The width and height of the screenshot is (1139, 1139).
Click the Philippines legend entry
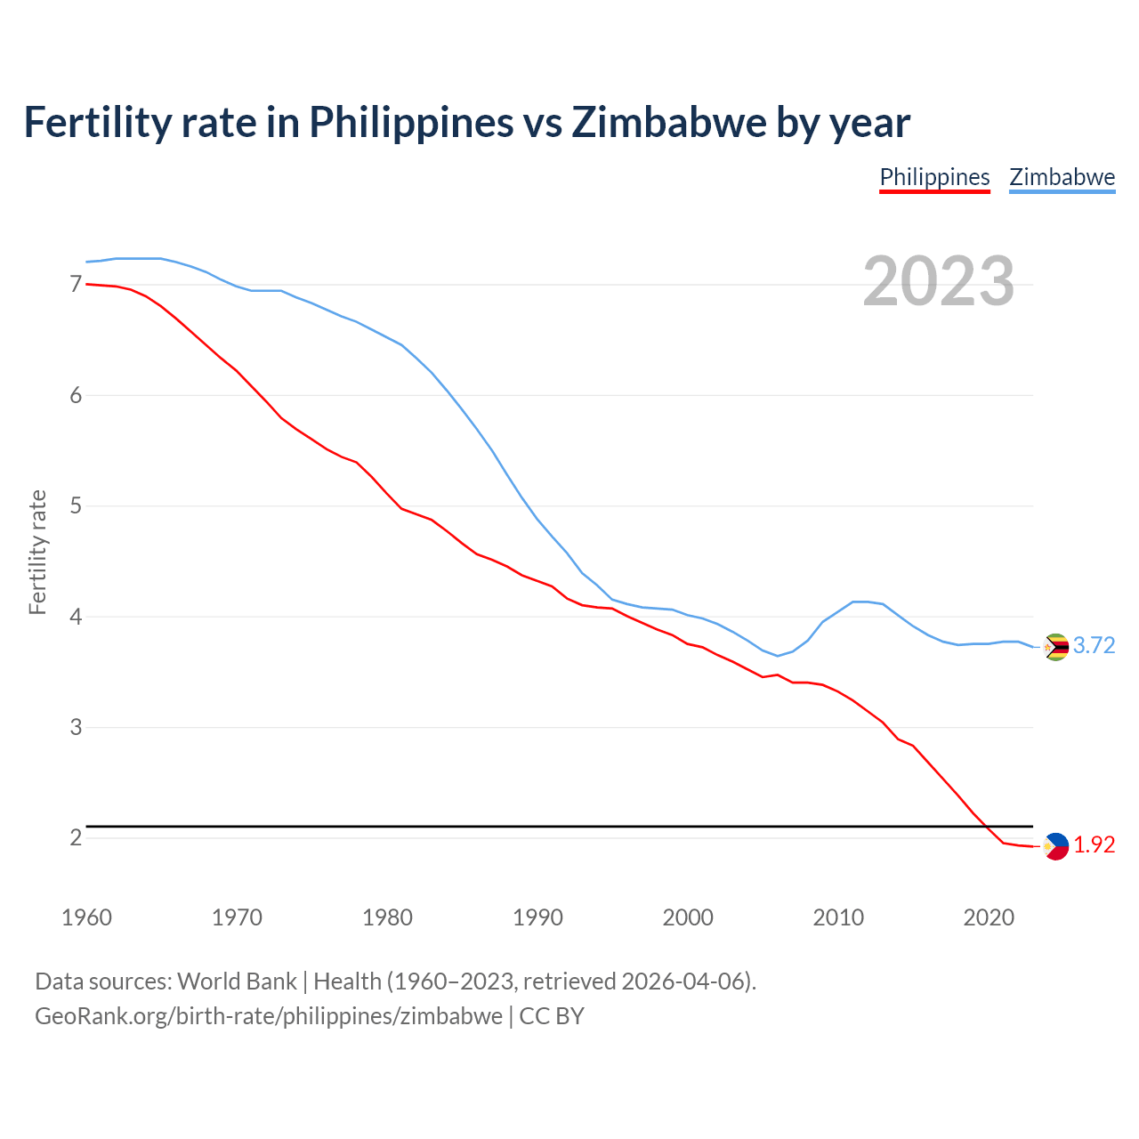coord(934,177)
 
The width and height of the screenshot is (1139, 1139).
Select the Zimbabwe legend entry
coord(1062,177)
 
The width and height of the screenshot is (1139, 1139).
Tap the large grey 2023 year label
coord(939,281)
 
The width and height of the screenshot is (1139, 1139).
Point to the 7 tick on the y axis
coord(76,285)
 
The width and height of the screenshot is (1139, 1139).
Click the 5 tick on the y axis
coord(76,506)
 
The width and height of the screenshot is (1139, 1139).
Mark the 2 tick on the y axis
coord(76,838)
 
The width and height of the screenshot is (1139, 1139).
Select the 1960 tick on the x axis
coord(86,917)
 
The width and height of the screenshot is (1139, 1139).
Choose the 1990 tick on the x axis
coord(537,917)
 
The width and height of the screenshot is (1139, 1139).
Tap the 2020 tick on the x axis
coord(989,917)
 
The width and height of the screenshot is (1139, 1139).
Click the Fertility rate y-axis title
coord(37,552)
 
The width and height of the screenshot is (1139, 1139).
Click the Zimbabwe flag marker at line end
coord(1055,647)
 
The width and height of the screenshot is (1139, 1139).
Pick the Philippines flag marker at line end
coord(1055,846)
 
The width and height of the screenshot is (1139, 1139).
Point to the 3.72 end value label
coord(1094,646)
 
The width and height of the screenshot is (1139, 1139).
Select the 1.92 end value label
coord(1094,845)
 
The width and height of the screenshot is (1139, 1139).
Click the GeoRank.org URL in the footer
coord(269,1016)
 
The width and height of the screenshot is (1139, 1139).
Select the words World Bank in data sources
coord(237,981)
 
